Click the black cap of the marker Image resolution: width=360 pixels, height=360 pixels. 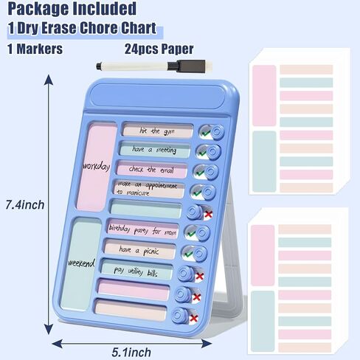(x=187, y=66)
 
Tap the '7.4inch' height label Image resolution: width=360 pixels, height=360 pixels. (x=25, y=205)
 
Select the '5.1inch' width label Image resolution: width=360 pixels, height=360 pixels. (x=131, y=353)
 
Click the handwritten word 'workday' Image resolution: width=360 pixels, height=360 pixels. (x=96, y=167)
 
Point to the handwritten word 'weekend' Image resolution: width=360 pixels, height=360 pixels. (x=81, y=263)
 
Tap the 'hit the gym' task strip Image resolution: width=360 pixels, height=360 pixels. (x=158, y=131)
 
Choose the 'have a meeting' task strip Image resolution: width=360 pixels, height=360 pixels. (x=155, y=149)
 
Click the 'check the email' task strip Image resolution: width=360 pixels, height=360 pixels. (x=151, y=169)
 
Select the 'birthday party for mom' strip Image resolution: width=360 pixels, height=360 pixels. (x=142, y=231)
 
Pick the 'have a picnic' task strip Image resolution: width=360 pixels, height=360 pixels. (x=139, y=250)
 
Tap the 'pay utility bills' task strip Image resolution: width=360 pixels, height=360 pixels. (x=136, y=270)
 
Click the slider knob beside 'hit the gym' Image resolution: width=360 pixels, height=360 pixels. (x=218, y=132)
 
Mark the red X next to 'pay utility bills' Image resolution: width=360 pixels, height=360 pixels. (x=199, y=276)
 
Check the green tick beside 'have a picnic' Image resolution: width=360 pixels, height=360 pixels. (x=189, y=254)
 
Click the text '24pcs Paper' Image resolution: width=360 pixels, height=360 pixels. (x=159, y=49)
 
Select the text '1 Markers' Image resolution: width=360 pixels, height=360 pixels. (x=35, y=49)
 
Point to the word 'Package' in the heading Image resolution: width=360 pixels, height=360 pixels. (x=38, y=9)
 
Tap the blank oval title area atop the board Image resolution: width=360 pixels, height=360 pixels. (x=157, y=97)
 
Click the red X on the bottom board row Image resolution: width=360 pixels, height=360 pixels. (x=194, y=319)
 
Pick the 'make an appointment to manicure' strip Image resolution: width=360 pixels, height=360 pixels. (x=148, y=189)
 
